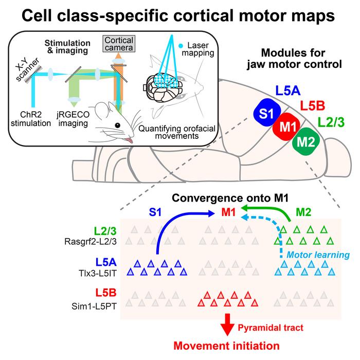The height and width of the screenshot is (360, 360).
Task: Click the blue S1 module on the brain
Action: point(267,112)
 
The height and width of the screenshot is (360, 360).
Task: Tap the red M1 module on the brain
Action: point(286,127)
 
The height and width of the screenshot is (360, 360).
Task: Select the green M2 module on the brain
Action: point(306,141)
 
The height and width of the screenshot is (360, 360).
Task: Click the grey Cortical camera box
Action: point(119,44)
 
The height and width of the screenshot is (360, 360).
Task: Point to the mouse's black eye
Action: point(118,125)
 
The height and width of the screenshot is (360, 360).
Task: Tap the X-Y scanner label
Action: point(27,69)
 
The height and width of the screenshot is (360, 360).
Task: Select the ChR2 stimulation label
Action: point(31,119)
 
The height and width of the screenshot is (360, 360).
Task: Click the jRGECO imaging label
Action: point(73,119)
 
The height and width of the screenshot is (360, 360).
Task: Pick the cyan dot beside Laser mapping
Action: point(181,46)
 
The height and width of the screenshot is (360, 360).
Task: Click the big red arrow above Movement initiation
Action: point(227,325)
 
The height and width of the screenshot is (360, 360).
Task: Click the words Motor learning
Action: point(318,255)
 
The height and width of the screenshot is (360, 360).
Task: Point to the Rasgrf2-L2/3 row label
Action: point(91,242)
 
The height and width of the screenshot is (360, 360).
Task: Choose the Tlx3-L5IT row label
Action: point(98,273)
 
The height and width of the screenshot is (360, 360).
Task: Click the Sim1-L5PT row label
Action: point(94,306)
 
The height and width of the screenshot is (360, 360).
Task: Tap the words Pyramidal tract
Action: point(271,328)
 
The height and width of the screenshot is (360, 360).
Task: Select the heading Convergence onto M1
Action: point(230,198)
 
